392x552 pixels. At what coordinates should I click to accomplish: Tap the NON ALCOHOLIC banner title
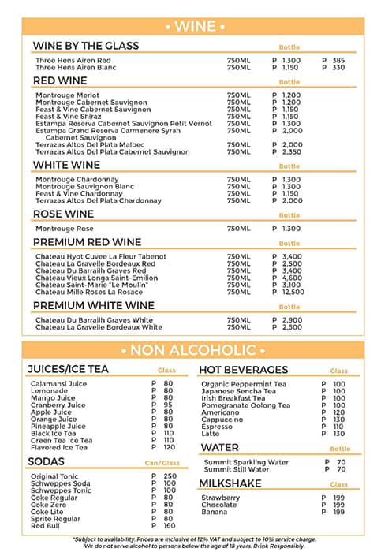[195, 350]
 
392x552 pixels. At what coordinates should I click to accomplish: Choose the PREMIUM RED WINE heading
[87, 242]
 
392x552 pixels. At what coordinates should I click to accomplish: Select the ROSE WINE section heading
[63, 214]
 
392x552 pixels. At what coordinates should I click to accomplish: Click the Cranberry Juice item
[58, 405]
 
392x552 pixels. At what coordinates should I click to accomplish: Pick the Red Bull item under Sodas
[46, 526]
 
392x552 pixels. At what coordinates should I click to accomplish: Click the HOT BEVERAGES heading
[243, 369]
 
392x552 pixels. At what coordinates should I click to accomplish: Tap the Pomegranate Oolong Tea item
[245, 405]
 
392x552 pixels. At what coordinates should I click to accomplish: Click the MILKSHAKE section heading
[230, 483]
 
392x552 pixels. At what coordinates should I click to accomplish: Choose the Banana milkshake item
[214, 512]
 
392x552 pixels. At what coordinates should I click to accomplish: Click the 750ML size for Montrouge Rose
[238, 229]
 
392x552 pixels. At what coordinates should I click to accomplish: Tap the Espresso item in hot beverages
[217, 427]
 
